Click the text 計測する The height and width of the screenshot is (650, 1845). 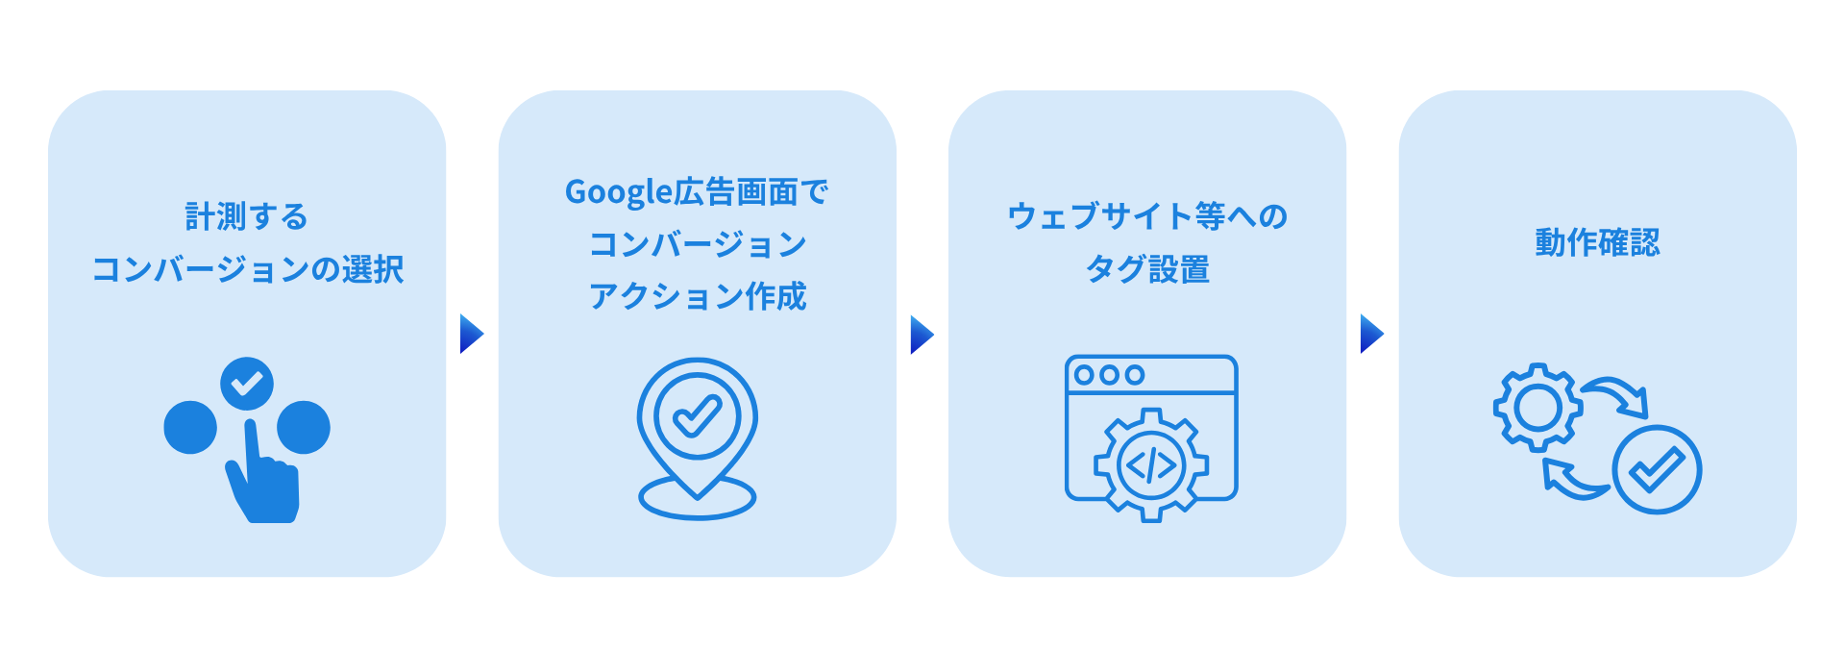click(x=247, y=216)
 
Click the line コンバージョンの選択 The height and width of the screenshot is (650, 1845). click(x=247, y=269)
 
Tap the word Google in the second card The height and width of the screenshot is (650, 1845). click(x=618, y=192)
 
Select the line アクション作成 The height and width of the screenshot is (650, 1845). click(x=698, y=296)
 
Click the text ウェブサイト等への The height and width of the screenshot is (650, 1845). click(x=1147, y=216)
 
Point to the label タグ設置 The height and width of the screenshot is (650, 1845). click(x=1147, y=269)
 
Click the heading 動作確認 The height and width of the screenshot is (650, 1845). click(x=1597, y=242)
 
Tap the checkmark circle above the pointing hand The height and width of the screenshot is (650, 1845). click(x=247, y=384)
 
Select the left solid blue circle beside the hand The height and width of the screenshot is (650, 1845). click(x=190, y=427)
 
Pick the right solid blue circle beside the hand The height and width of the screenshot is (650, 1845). click(x=304, y=427)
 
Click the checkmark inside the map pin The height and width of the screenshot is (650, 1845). click(x=698, y=416)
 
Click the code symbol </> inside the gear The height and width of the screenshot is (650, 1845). click(x=1151, y=466)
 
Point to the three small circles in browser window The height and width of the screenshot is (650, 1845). click(x=1109, y=375)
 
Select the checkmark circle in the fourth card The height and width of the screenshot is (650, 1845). click(x=1657, y=470)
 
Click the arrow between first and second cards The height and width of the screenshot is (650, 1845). click(x=471, y=334)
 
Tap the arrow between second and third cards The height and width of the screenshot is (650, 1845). click(x=922, y=334)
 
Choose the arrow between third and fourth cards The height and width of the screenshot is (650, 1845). click(x=1371, y=334)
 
